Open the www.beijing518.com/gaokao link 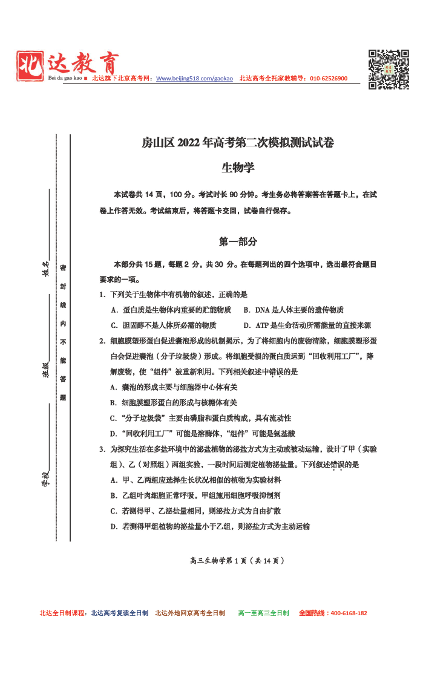194,79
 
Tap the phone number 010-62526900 329,79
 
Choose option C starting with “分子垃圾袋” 200,418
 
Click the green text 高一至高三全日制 263,613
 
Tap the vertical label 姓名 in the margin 45,267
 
